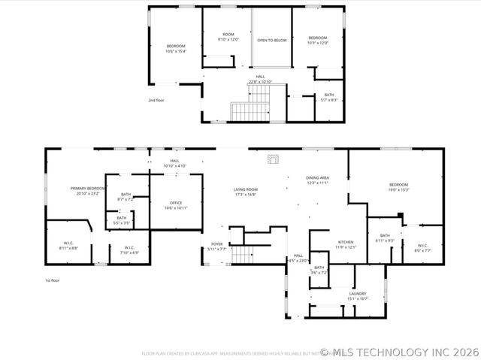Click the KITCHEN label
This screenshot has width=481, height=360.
[x=345, y=244]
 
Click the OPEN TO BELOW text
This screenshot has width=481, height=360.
[x=271, y=40]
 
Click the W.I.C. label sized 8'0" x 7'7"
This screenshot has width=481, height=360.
[x=422, y=249]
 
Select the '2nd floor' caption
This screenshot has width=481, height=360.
[x=156, y=99]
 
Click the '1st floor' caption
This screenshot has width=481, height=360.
[x=52, y=280]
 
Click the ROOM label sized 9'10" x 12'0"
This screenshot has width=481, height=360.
[x=228, y=37]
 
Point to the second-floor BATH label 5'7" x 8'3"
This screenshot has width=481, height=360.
[x=328, y=97]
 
